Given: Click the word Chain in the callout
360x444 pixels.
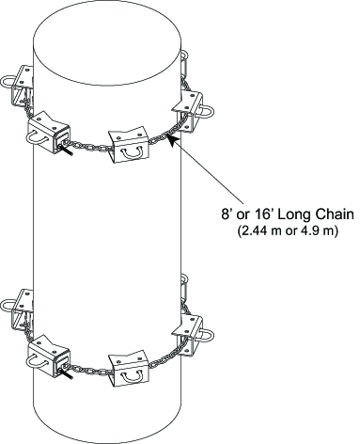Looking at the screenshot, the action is pos(335,214).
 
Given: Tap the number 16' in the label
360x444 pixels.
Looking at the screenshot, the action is pos(261,214).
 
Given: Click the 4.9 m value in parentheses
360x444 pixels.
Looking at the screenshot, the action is pos(316,231).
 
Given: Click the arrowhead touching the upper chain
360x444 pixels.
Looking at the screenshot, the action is pos(172,138).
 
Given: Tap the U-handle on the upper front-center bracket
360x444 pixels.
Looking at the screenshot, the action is pos(133,152).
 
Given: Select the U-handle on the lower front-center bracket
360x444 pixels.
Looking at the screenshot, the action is pos(133,376).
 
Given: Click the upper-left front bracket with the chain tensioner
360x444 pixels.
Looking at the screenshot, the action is pos(49,133).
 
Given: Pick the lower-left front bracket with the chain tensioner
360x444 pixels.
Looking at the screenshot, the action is pos(49,356).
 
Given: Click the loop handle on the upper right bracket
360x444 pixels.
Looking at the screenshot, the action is pos(206,112).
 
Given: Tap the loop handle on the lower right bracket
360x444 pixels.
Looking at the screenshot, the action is pos(206,336).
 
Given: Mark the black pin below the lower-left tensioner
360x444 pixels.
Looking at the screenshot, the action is pos(67,373).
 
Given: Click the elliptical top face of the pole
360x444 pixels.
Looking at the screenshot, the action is pos(107,43).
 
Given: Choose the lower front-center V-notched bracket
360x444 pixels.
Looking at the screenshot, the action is pos(129,368).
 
